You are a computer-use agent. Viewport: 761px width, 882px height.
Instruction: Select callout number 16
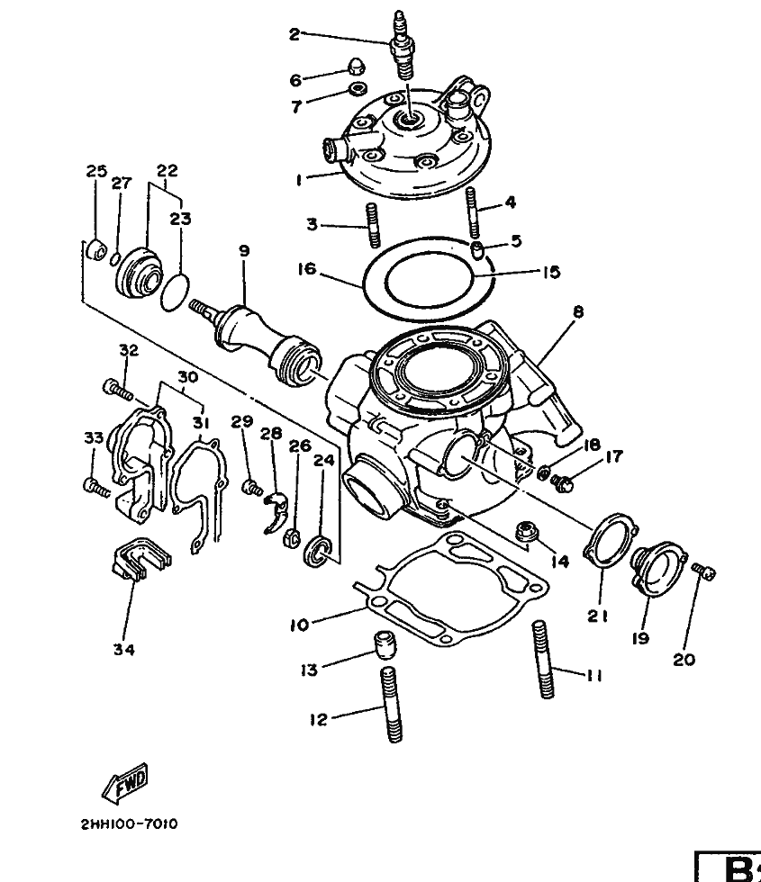307,269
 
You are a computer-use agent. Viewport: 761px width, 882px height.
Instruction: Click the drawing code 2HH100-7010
130,824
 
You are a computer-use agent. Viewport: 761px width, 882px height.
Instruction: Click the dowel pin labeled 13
385,644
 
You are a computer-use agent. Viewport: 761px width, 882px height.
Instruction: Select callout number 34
124,650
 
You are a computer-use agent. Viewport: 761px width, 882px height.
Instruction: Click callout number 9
244,251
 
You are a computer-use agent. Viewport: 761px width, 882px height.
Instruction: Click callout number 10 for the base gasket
300,625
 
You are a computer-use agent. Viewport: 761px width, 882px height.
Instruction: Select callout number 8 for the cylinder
578,311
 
